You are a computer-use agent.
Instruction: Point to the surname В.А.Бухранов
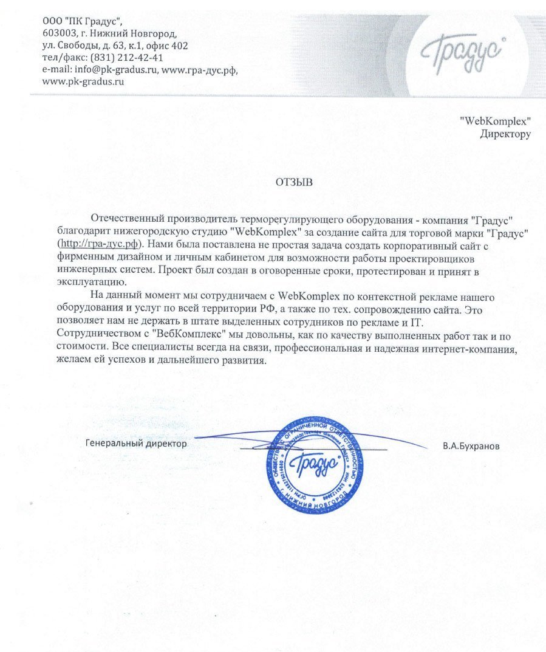click(x=471, y=446)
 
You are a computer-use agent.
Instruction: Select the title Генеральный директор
click(x=136, y=443)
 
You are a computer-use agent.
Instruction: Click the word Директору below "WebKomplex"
click(x=505, y=134)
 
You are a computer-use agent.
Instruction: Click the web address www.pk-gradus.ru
click(x=83, y=81)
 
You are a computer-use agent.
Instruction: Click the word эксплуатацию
click(x=83, y=282)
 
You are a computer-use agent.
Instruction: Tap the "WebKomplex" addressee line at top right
click(x=496, y=120)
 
